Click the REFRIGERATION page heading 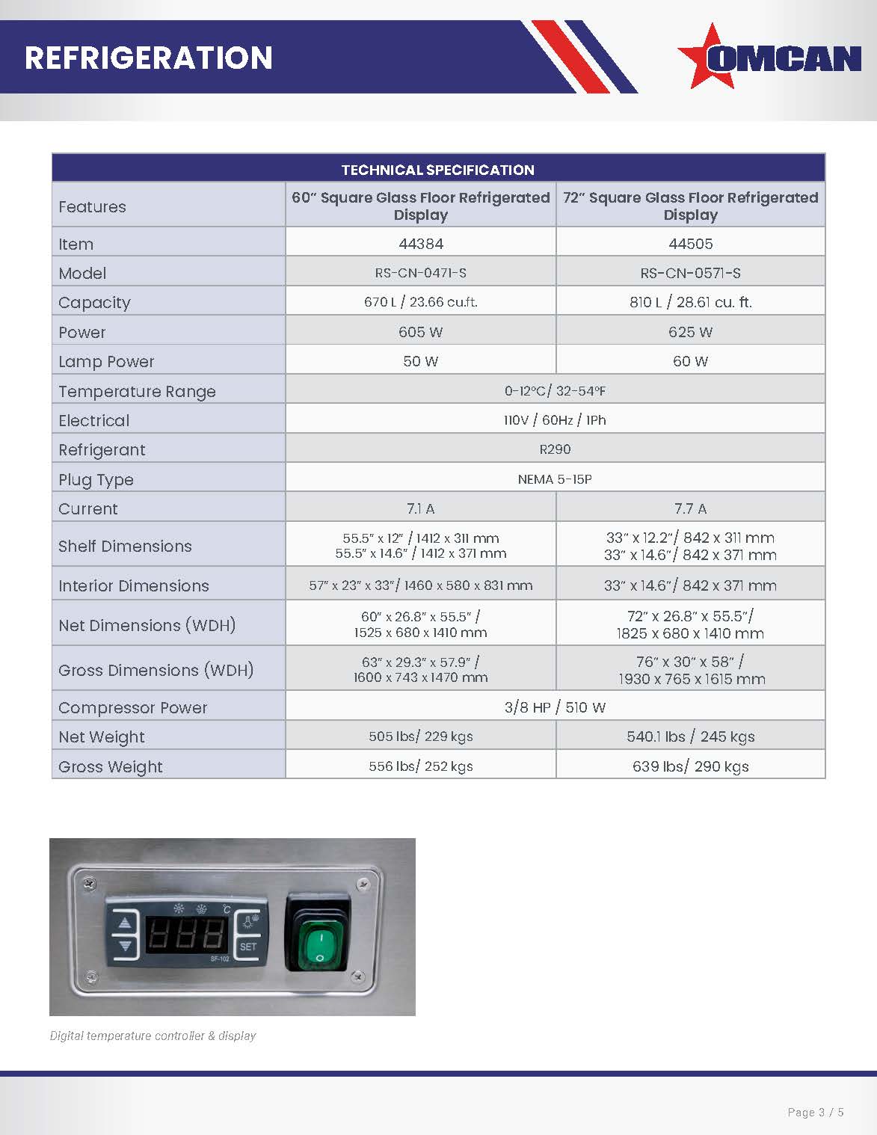(x=149, y=58)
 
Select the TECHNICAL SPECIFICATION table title (x=437, y=170)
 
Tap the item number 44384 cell (x=420, y=244)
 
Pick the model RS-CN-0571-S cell (x=690, y=273)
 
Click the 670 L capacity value (x=420, y=302)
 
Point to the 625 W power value (x=690, y=332)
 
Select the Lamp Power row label (x=106, y=362)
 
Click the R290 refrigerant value (x=555, y=449)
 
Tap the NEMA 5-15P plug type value (x=555, y=479)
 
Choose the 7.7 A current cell (x=690, y=509)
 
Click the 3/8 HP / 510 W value (x=555, y=707)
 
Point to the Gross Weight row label (x=111, y=767)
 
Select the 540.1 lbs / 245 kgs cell (x=690, y=737)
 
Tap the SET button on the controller (x=248, y=947)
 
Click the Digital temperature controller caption (x=153, y=1036)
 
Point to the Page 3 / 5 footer (x=816, y=1113)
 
